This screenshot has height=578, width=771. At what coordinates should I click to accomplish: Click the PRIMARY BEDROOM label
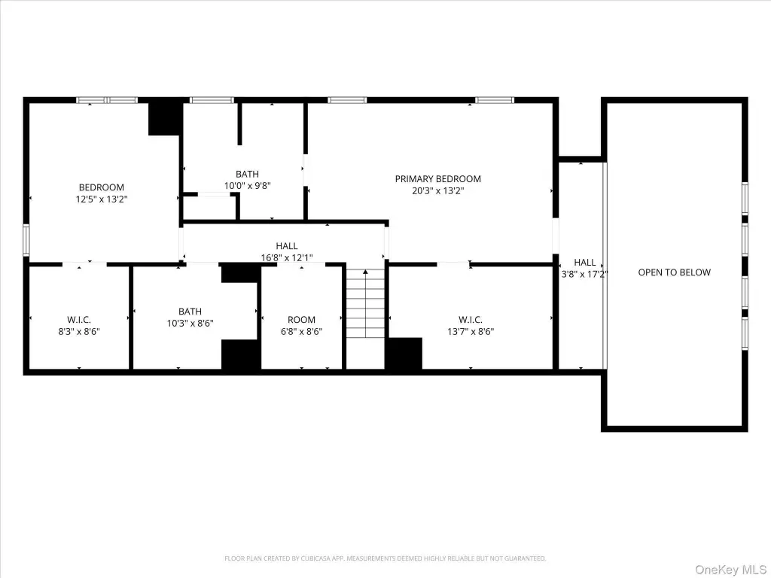[x=437, y=179]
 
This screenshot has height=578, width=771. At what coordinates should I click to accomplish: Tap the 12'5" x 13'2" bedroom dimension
[x=102, y=199]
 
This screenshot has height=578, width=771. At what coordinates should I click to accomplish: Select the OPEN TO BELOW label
[x=674, y=272]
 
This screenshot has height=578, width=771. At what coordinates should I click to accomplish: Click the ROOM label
[x=301, y=319]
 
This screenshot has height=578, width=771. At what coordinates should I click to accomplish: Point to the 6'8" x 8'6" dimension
[x=301, y=331]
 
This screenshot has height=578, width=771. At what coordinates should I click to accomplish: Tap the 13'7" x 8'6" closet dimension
[x=471, y=331]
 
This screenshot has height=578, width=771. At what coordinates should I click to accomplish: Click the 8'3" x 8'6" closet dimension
[x=79, y=331]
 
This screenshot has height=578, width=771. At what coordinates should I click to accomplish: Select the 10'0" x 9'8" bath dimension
[x=247, y=186]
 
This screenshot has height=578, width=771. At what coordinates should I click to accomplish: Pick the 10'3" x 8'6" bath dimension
[x=190, y=323]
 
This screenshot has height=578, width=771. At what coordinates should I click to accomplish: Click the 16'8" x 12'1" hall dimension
[x=287, y=257]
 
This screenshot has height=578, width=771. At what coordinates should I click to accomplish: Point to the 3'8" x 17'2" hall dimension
[x=584, y=274]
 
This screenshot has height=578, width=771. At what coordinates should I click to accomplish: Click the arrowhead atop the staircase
[x=365, y=272]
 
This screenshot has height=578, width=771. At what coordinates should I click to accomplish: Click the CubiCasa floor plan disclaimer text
[x=385, y=558]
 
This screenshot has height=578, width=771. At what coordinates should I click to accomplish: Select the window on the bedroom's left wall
[x=26, y=240]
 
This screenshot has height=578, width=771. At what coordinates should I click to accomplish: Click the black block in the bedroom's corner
[x=166, y=117]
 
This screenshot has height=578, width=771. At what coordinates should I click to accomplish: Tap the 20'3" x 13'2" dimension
[x=437, y=190]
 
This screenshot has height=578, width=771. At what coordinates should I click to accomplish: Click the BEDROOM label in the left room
[x=102, y=187]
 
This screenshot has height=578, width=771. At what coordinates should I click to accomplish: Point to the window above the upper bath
[x=212, y=100]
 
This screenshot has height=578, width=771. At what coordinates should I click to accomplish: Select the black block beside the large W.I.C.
[x=404, y=354]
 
